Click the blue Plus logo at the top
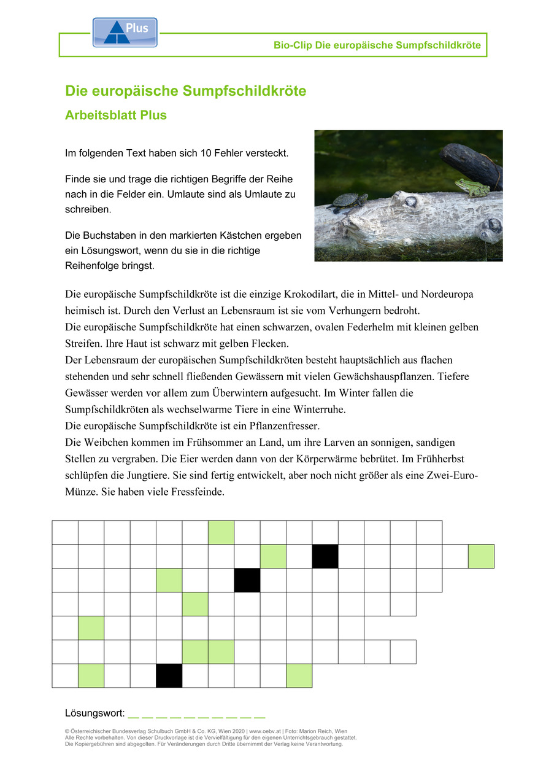tap(125, 33)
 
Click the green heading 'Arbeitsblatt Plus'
tap(115, 115)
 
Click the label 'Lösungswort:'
tap(94, 713)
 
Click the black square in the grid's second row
tap(325, 556)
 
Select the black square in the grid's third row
tap(247, 580)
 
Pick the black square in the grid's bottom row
tap(169, 675)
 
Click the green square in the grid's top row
tap(221, 532)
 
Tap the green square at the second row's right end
tap(481, 556)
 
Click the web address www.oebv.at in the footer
tap(266, 731)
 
